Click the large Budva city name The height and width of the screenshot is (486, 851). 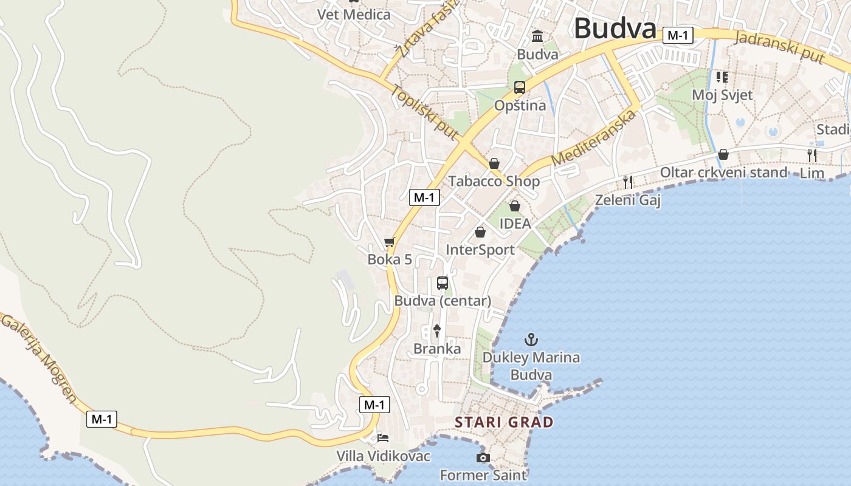click(x=615, y=29)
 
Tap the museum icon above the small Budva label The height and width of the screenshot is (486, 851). click(x=537, y=36)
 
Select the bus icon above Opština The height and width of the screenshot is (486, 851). click(x=519, y=87)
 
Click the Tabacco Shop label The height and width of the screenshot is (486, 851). click(x=494, y=181)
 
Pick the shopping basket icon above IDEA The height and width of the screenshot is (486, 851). click(x=515, y=206)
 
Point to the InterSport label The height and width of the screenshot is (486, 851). click(x=480, y=250)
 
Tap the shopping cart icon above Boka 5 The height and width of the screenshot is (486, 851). click(x=390, y=242)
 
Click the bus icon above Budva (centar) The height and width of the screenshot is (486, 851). click(x=443, y=282)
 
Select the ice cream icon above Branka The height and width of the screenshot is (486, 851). click(x=436, y=330)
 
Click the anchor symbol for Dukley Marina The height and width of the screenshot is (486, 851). click(x=532, y=339)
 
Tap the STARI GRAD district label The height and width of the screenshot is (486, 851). click(x=505, y=422)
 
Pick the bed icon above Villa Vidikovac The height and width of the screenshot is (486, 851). click(x=383, y=437)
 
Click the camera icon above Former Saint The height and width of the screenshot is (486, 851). click(x=483, y=457)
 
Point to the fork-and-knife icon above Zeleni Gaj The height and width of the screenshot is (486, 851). click(x=628, y=181)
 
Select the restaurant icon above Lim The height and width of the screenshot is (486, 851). click(x=812, y=155)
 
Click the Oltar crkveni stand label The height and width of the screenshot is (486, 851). click(x=723, y=173)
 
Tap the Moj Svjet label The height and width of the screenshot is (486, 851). click(x=722, y=95)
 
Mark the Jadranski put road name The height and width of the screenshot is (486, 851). click(x=780, y=46)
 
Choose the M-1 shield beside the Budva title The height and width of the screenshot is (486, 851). click(x=678, y=35)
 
